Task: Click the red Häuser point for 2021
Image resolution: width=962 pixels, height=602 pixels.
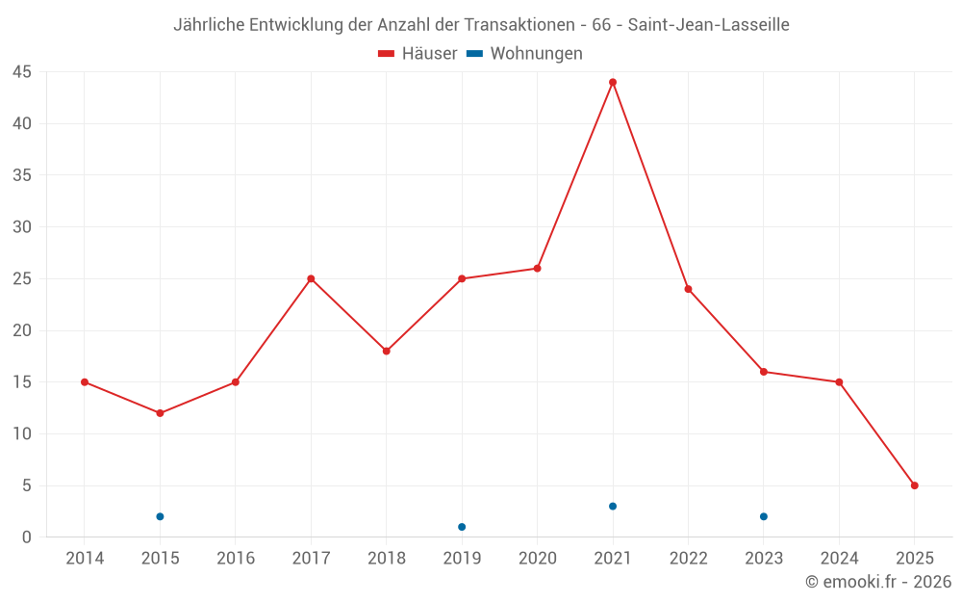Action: [613, 82]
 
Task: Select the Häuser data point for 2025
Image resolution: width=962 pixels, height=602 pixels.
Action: [914, 485]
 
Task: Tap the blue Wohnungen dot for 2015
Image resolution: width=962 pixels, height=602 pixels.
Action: [160, 516]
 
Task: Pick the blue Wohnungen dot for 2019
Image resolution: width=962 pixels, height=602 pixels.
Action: [462, 527]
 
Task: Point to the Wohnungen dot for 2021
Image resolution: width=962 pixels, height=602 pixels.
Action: [613, 507]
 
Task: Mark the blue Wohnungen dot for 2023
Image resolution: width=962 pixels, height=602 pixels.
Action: [764, 516]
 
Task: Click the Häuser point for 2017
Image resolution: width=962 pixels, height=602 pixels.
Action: [311, 278]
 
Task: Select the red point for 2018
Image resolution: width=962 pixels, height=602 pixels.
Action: [386, 351]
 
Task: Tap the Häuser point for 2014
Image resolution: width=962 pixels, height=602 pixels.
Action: [85, 382]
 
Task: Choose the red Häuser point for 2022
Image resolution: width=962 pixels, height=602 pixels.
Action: [688, 289]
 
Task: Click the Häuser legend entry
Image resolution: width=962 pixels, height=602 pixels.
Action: [418, 54]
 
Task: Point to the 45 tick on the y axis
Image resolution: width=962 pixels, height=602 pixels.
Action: [22, 72]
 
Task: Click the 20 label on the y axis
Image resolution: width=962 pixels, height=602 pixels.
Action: [22, 330]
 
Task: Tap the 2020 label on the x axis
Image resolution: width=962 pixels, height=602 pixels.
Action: [537, 559]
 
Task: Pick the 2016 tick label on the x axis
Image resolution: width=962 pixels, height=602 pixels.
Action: [236, 559]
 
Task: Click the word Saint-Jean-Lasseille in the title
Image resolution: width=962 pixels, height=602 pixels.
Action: [709, 25]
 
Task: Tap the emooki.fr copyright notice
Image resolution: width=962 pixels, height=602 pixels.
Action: [877, 582]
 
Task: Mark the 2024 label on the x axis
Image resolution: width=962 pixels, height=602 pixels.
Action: [839, 559]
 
